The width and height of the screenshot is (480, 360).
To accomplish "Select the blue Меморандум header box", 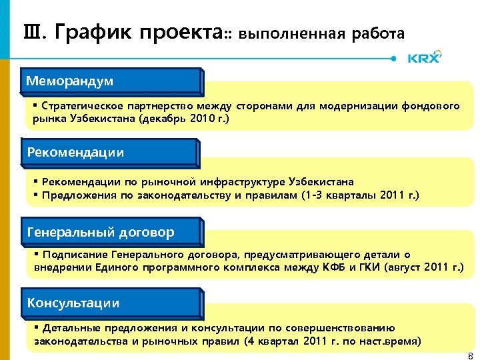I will [111, 81].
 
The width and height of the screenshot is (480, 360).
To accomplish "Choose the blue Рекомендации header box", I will [111, 152].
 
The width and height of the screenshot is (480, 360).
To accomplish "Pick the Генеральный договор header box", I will [111, 232].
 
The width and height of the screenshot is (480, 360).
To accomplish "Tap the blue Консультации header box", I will [111, 303].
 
